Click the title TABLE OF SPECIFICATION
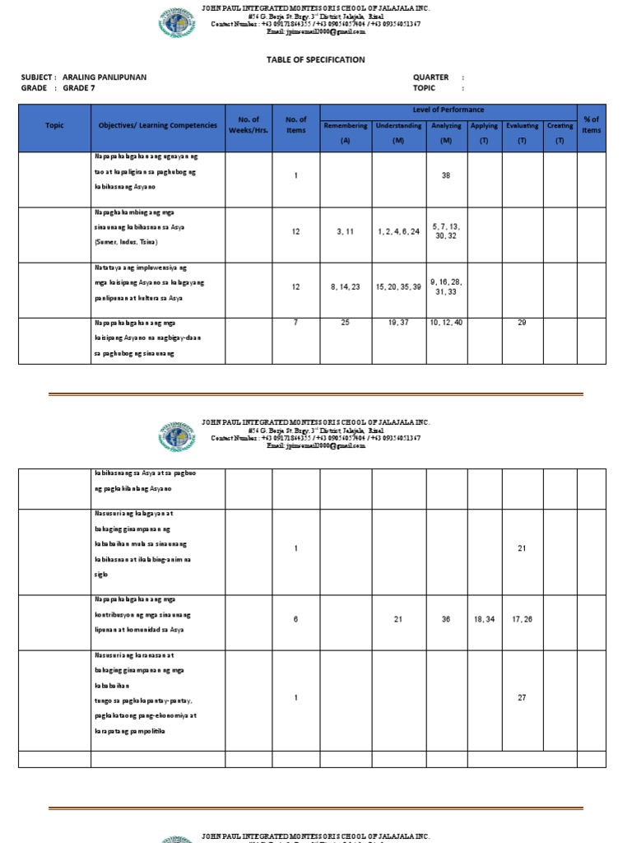[315, 60]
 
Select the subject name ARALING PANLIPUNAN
[99, 77]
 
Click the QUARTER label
[430, 77]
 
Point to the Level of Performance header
[448, 110]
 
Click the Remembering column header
[346, 126]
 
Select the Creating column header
[560, 126]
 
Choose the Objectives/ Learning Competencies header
[157, 125]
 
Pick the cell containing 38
[446, 175]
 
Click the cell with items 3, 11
[346, 232]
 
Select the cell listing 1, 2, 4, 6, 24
[397, 232]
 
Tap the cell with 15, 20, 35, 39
[397, 287]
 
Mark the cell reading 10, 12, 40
[446, 323]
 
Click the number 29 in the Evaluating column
[522, 323]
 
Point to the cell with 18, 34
[484, 619]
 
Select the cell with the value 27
[522, 697]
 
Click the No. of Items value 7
[295, 323]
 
